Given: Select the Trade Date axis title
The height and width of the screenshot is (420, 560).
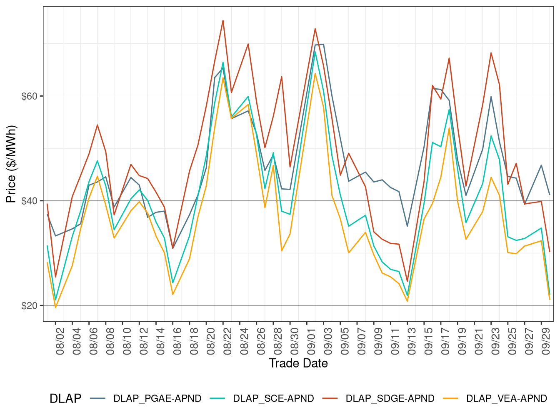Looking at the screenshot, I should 298,363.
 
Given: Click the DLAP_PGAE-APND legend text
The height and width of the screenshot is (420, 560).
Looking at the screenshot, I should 157,398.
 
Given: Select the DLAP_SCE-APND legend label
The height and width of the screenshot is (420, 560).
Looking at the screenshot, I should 273,398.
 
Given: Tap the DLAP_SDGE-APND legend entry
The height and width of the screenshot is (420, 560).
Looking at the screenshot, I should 390,398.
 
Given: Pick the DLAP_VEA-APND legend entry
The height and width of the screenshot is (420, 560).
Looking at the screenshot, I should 506,398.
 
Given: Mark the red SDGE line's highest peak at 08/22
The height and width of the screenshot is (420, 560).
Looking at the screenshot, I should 223,20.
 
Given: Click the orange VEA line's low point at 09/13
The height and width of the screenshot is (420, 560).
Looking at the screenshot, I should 407,301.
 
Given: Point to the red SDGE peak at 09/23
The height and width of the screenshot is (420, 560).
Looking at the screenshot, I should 491,53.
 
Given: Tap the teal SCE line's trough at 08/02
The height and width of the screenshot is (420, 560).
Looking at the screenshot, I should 55,300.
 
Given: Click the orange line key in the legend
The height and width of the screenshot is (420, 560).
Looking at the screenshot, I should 451,398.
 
